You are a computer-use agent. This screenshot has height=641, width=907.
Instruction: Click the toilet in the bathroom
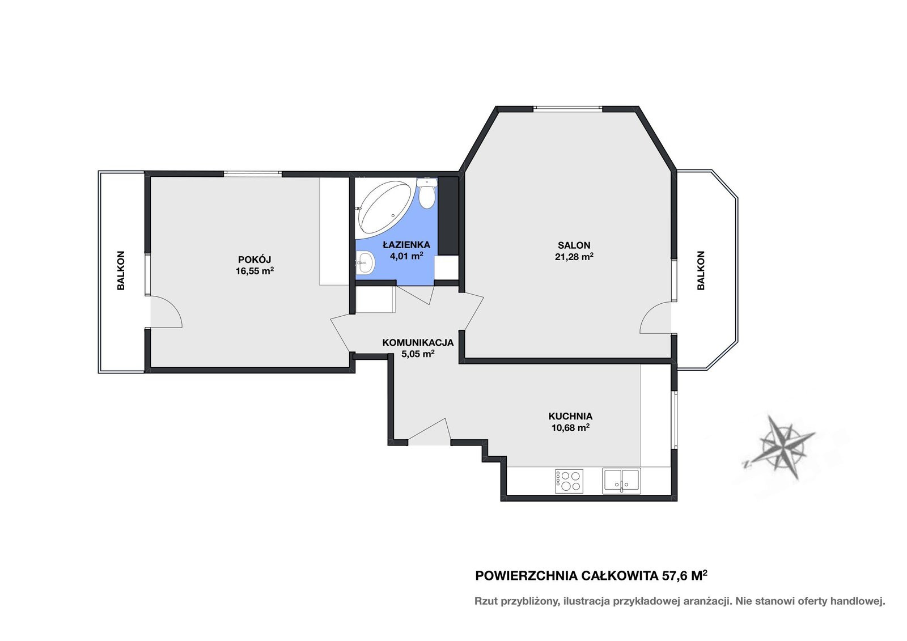pos(427,193)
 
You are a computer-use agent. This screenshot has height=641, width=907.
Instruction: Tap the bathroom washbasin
pos(366,263)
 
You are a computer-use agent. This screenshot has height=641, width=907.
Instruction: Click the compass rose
pos(779,446)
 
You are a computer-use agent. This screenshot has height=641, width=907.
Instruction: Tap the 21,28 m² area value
pos(574,256)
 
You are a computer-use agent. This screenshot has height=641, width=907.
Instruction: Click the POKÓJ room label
pos(255,259)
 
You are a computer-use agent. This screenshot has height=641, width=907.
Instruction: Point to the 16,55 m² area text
pos(255,271)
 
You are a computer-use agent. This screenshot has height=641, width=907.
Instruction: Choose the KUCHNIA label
pos(570,416)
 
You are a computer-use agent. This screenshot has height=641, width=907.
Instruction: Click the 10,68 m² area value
pos(570,427)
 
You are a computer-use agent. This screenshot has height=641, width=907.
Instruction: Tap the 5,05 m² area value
pos(418,354)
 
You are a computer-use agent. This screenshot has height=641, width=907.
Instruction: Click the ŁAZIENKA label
pos(406,244)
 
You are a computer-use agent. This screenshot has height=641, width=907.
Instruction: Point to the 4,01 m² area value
pos(406,256)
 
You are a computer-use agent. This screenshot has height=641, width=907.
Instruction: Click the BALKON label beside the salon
pos(701,270)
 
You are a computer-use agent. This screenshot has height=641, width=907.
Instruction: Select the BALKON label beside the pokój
pos(121,270)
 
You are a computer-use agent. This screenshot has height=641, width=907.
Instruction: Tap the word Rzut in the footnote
pos(486,601)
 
